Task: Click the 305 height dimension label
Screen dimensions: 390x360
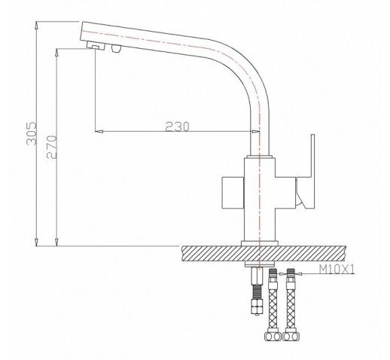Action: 32,134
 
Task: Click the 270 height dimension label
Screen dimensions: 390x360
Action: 52,147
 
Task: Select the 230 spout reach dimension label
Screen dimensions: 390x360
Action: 177,127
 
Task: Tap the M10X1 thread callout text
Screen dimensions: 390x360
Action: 337,270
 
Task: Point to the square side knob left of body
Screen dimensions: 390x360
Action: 233,193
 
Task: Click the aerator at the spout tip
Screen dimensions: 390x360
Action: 96,46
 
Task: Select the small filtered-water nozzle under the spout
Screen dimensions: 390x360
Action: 116,48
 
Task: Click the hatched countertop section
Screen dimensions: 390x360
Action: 264,253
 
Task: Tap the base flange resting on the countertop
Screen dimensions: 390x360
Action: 260,243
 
